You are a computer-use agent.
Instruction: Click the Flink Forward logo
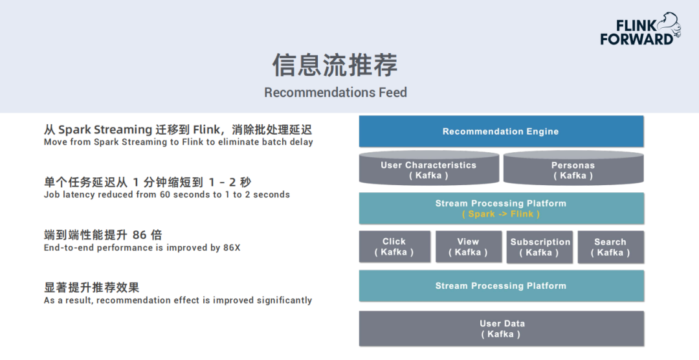coord(639,30)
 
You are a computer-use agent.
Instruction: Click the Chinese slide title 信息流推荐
coord(335,65)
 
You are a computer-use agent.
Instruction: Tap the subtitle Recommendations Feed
coord(335,93)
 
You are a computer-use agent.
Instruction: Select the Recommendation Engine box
coord(501,131)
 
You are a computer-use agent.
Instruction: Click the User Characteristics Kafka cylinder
coord(428,170)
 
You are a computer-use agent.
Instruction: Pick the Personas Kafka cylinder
coord(573,170)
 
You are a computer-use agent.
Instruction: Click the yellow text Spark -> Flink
coord(501,214)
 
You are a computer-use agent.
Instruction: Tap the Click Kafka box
coord(394,247)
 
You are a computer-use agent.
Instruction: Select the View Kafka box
coord(468,247)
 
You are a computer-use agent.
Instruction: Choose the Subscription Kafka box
coord(540,247)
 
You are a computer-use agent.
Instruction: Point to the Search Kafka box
coord(610,247)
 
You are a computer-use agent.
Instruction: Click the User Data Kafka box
coord(501,328)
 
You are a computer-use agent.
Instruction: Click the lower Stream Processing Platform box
coord(501,286)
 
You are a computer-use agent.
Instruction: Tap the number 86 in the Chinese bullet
coord(139,235)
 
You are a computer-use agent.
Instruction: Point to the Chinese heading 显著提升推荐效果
coord(91,287)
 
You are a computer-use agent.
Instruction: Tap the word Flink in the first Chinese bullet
coord(206,129)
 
